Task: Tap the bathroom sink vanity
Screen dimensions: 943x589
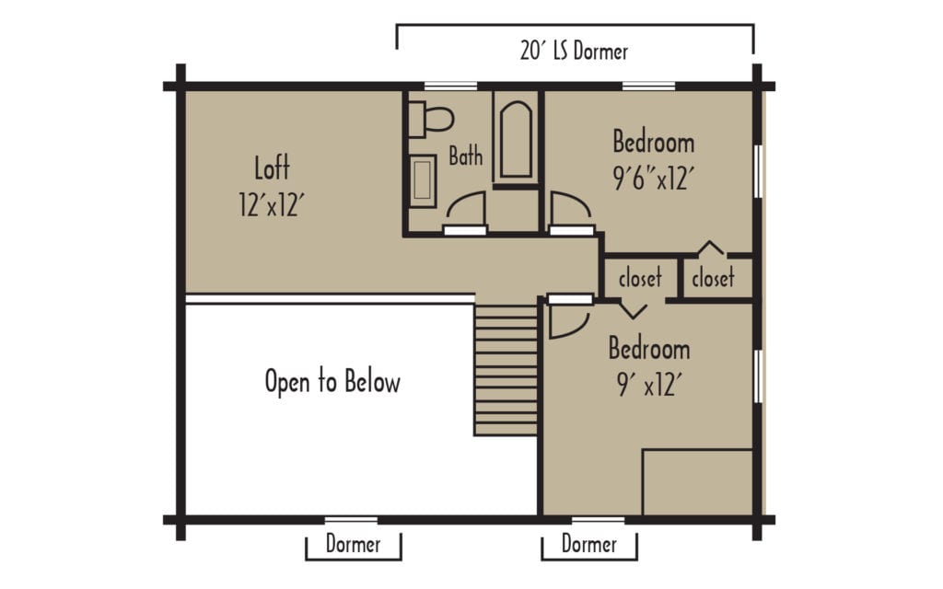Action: point(422,181)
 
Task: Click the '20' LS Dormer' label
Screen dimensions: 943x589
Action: point(574,52)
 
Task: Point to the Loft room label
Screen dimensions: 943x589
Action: point(272,168)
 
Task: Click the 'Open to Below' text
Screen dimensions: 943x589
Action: point(332,382)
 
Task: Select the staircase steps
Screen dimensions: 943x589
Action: point(506,370)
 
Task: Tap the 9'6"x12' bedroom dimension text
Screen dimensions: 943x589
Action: point(654,179)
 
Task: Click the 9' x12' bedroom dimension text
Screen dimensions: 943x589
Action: point(649,385)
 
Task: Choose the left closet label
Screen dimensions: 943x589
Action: point(640,278)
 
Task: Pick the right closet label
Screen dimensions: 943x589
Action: point(713,278)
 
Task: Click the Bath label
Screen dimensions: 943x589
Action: point(465,156)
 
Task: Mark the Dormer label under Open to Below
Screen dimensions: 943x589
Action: point(353,544)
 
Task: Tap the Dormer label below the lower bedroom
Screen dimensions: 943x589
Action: point(588,544)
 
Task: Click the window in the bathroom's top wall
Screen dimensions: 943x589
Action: point(451,86)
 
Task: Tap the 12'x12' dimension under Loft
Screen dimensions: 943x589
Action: point(272,205)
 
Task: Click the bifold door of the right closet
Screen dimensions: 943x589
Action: point(711,247)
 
